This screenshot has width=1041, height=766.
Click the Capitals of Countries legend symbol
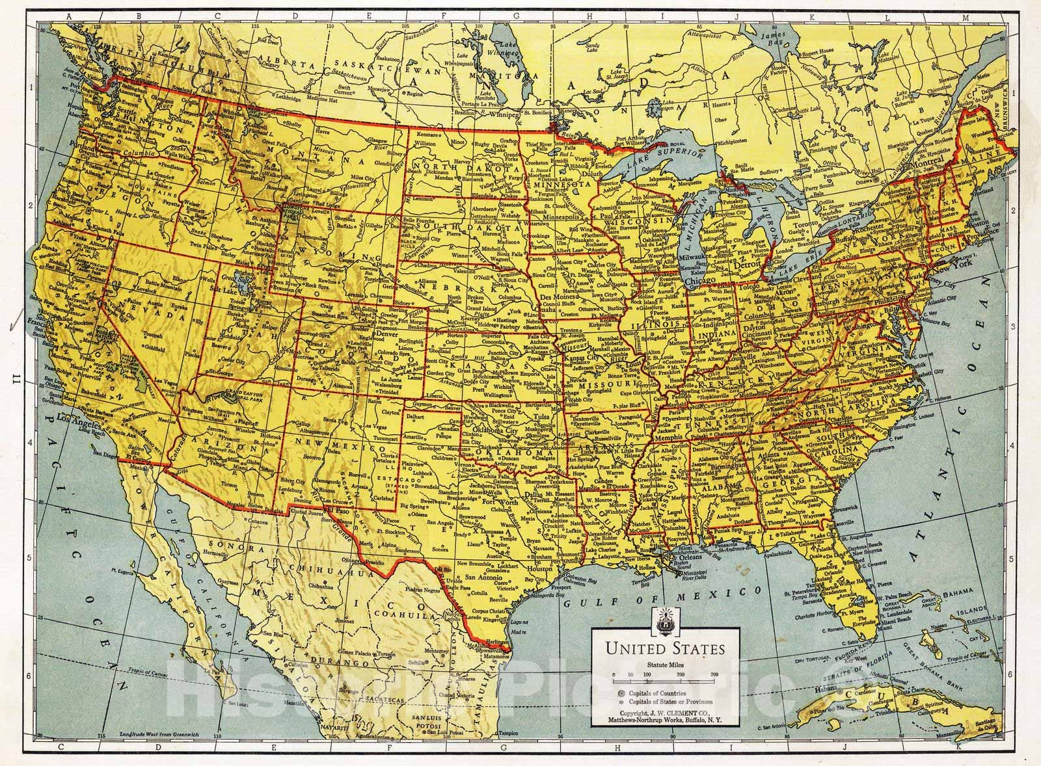621,693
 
